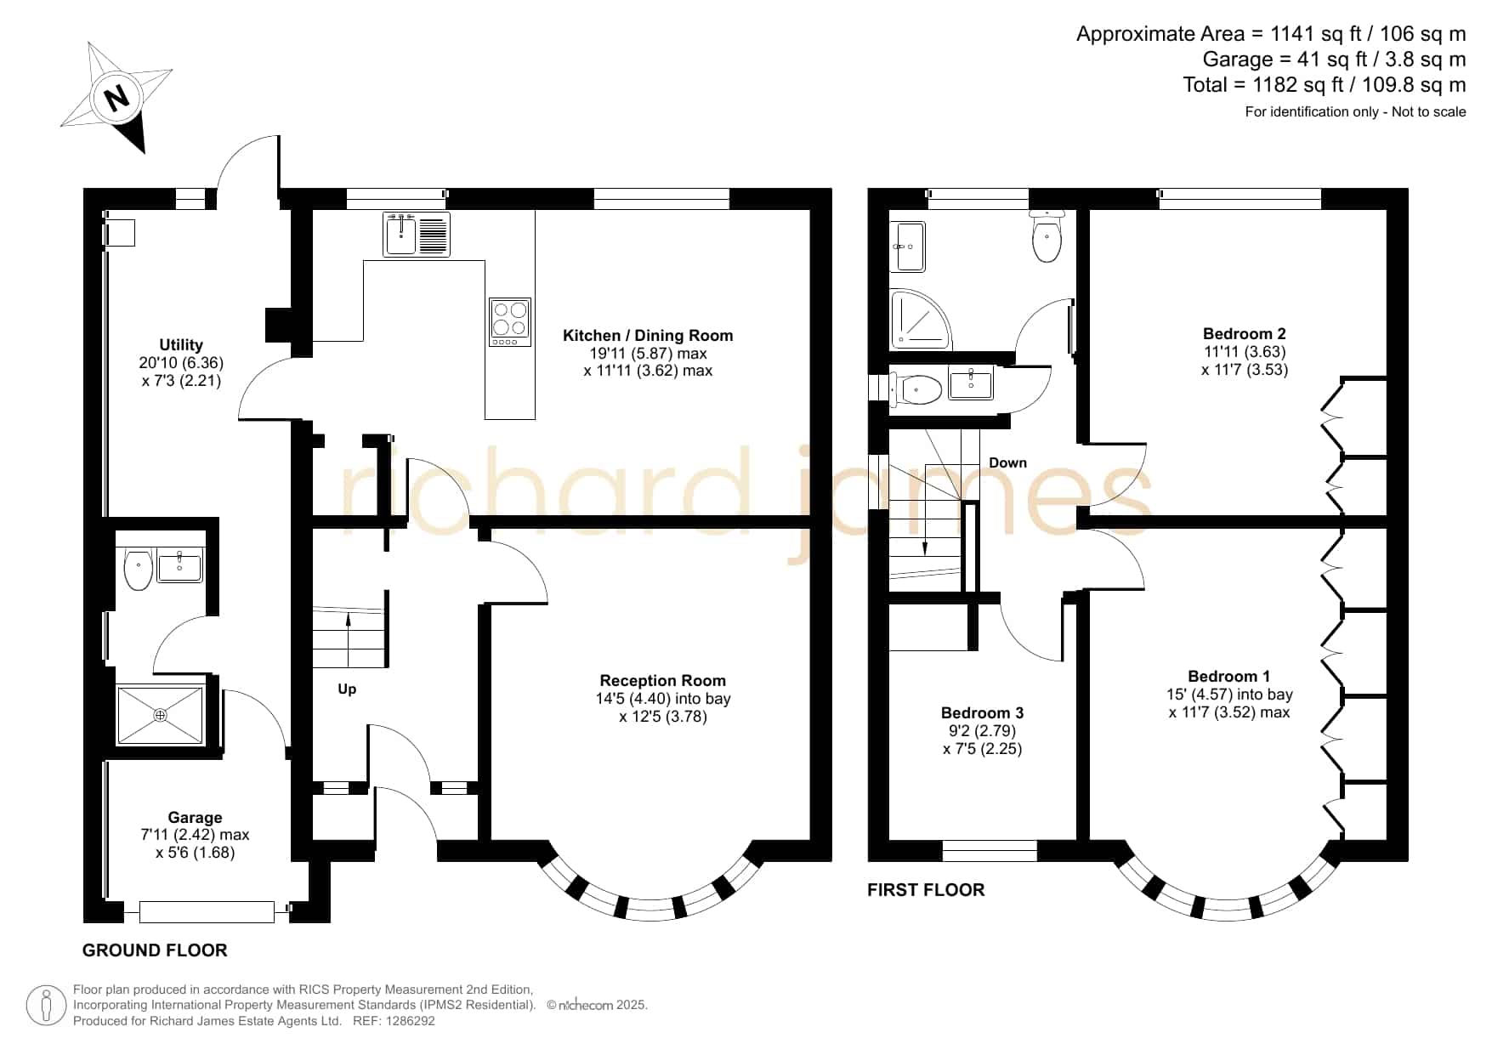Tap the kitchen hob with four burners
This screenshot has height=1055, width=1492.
(510, 321)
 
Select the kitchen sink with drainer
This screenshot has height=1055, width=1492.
(417, 234)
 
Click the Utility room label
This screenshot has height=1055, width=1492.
(181, 344)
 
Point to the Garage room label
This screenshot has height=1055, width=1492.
(195, 817)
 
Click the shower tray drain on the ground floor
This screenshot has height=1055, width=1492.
(161, 715)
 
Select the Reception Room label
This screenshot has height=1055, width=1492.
(663, 680)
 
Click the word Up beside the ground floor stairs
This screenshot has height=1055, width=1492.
(347, 689)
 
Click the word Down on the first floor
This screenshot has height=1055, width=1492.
(1007, 462)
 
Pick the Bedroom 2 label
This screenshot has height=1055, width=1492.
(1245, 333)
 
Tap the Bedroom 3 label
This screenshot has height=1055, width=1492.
(983, 712)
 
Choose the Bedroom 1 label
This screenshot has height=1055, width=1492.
(1229, 676)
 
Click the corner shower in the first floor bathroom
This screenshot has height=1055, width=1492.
(921, 320)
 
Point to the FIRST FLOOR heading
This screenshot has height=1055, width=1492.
(926, 890)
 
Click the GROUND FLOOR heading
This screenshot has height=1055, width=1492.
(155, 950)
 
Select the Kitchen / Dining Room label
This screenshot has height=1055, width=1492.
(648, 335)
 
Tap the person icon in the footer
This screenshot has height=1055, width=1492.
(46, 1006)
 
